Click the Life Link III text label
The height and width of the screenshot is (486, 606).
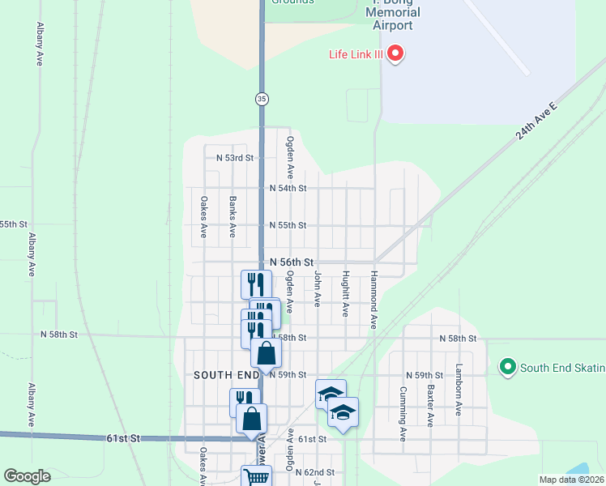(x=356, y=55)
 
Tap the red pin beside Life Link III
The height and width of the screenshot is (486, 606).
(x=396, y=54)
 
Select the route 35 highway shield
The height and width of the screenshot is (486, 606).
(x=261, y=98)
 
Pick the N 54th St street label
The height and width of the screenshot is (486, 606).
(x=288, y=188)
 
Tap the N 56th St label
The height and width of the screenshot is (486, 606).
(x=292, y=262)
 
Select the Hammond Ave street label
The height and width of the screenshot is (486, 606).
(x=374, y=300)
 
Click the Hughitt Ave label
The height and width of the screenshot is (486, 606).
(x=346, y=293)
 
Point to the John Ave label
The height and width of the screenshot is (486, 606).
(x=318, y=290)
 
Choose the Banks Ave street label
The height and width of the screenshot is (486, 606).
(x=233, y=216)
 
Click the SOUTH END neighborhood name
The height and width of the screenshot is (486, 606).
(x=225, y=375)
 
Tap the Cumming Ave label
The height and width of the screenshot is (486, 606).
(x=403, y=413)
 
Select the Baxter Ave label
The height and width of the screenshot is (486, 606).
(x=430, y=406)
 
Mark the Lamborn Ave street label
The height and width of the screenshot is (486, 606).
(x=459, y=390)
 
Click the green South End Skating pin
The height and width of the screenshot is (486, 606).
(x=508, y=367)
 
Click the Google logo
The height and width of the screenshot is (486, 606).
(x=27, y=476)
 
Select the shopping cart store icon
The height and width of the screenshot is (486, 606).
(x=257, y=476)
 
